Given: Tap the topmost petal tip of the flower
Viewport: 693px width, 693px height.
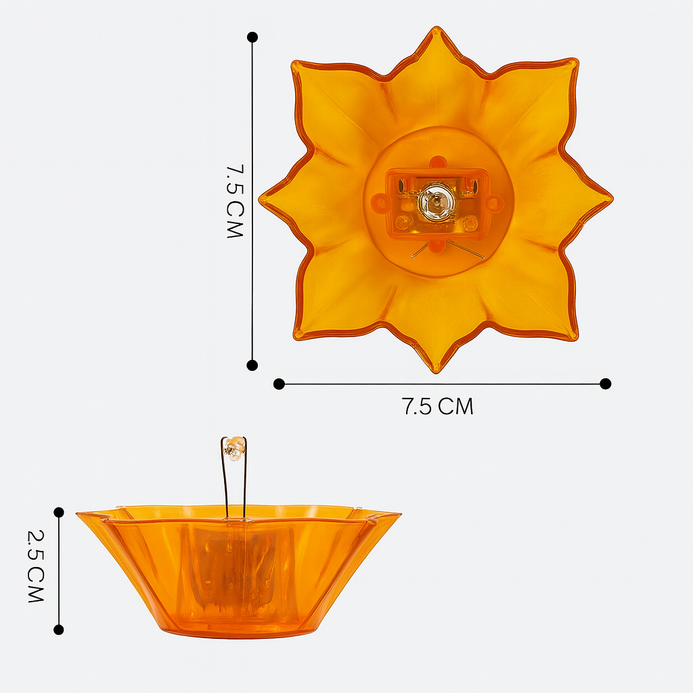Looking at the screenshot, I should pos(436,30).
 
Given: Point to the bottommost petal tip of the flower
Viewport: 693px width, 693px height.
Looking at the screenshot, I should pos(436,370).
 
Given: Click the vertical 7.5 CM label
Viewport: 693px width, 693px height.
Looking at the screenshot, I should pos(233,200).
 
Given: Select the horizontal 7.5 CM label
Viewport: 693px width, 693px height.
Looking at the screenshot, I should pos(437,407).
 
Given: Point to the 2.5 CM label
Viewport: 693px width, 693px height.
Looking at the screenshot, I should pos(35,566).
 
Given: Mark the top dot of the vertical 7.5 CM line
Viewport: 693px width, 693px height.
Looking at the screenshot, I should pos(252,37).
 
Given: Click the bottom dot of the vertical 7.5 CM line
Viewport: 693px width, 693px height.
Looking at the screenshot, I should pos(252,365).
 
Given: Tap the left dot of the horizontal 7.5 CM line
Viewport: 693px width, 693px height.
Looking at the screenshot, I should pos(279,384).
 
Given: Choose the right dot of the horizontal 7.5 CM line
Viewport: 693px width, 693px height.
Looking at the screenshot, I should pos(606,384).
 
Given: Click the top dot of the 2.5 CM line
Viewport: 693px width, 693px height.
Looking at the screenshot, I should pos(59,512).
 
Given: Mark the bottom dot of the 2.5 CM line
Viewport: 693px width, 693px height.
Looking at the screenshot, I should pos(59,629).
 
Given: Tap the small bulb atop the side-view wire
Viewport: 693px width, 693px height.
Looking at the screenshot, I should pos(235,447).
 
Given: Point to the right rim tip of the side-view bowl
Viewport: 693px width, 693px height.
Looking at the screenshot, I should pos(399,515).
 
